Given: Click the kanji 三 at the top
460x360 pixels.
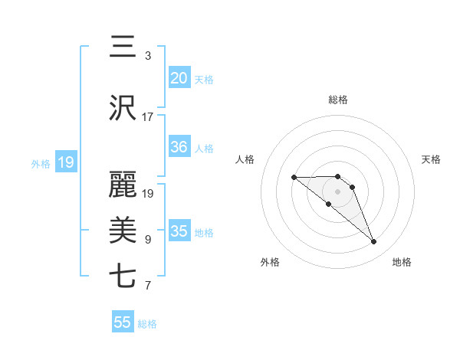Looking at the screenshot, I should (x=123, y=47).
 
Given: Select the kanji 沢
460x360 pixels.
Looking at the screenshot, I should (x=123, y=108).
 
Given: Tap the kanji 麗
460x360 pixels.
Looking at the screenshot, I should (x=123, y=185).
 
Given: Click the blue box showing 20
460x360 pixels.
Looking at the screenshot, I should (x=179, y=77).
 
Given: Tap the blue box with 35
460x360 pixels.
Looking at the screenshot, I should (x=179, y=231).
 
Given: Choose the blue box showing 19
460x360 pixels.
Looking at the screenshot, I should (x=65, y=162).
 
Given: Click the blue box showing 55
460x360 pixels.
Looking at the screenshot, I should (x=123, y=322).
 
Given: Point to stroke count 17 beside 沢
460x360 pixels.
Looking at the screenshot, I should (x=148, y=117).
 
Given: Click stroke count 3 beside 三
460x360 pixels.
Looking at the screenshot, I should (x=148, y=56).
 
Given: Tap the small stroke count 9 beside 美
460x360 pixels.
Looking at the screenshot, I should (x=148, y=240).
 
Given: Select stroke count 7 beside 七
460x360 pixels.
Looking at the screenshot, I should (x=148, y=286).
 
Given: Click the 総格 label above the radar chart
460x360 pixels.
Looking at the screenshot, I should (x=338, y=100).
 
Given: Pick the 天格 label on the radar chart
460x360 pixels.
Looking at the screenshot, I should (x=432, y=159).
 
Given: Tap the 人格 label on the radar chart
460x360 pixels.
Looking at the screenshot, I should (x=245, y=159).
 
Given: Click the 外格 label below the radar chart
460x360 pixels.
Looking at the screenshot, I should (x=270, y=262).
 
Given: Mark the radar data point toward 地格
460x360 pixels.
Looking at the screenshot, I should (x=374, y=242).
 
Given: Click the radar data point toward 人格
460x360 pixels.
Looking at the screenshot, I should (x=294, y=178).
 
